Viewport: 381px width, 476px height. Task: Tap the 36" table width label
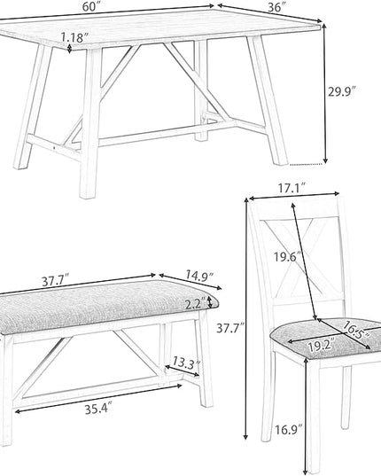tap(277, 7)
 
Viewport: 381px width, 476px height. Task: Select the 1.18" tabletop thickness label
tap(74, 37)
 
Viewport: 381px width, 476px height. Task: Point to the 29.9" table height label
tap(341, 91)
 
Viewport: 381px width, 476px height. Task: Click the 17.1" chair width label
tap(292, 188)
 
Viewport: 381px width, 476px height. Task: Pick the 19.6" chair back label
tap(288, 256)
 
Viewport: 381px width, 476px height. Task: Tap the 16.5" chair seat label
tap(355, 330)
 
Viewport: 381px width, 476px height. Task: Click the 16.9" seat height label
tap(289, 430)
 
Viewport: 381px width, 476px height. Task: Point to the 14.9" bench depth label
tap(199, 276)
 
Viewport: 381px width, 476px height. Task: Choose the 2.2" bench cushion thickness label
tap(195, 305)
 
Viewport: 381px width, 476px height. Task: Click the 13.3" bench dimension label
tap(187, 363)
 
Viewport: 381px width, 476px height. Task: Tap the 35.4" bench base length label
tap(98, 410)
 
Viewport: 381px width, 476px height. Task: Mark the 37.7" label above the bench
tap(56, 281)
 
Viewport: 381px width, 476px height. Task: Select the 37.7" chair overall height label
tap(230, 328)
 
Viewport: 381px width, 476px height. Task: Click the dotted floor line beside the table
tap(306, 164)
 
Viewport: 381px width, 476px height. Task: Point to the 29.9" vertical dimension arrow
tap(324, 93)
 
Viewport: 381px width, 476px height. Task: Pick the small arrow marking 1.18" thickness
tap(70, 49)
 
